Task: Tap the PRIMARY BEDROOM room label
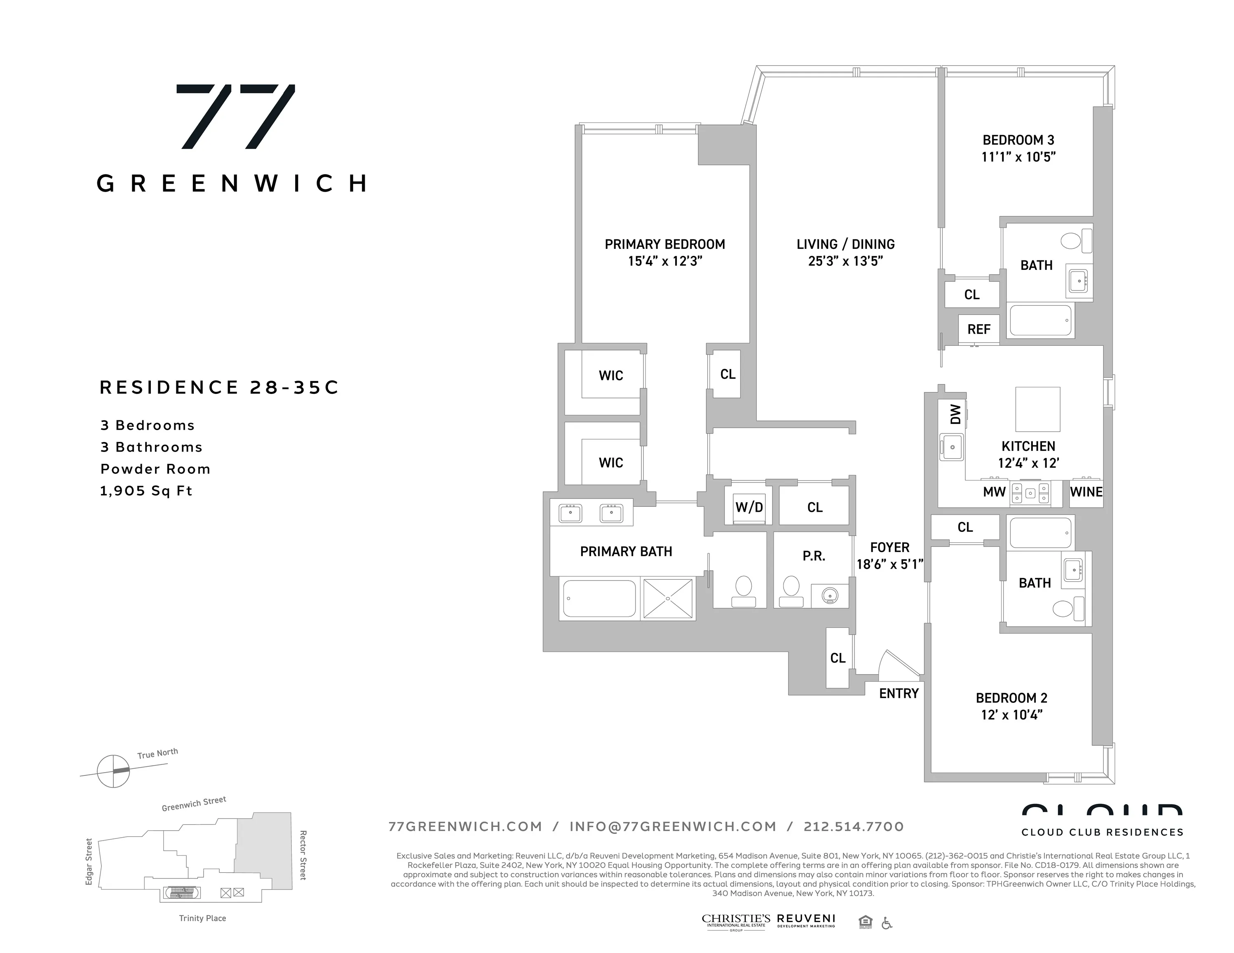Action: pyautogui.click(x=664, y=245)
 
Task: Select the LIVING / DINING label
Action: pyautogui.click(x=845, y=245)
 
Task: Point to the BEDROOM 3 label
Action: pyautogui.click(x=1018, y=140)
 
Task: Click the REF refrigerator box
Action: pyautogui.click(x=978, y=329)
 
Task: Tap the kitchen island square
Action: pyautogui.click(x=1037, y=409)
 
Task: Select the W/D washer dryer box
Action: pyautogui.click(x=748, y=507)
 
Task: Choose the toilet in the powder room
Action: pyautogui.click(x=791, y=591)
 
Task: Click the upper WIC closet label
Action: pyautogui.click(x=611, y=376)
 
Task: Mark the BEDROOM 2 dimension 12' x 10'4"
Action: pyautogui.click(x=1011, y=714)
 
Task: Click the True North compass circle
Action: pyautogui.click(x=114, y=770)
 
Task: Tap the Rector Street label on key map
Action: pyautogui.click(x=303, y=855)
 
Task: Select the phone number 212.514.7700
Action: pyautogui.click(x=853, y=827)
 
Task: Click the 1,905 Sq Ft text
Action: pyautogui.click(x=146, y=491)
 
